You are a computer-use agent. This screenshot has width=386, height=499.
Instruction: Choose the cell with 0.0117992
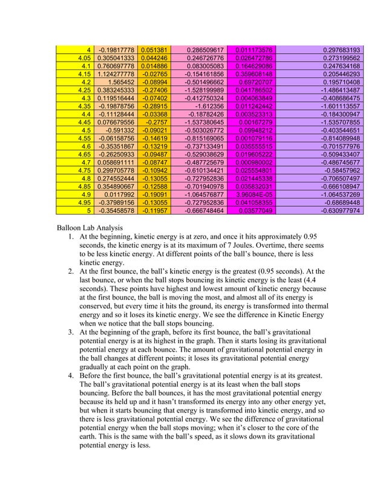coord(118,195)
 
